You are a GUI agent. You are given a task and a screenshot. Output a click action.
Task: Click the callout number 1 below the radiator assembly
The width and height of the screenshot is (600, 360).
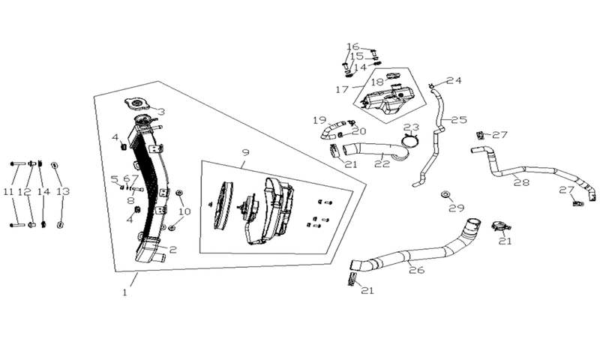click(124, 292)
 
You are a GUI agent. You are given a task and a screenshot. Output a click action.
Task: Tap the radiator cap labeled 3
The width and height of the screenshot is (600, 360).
click(136, 104)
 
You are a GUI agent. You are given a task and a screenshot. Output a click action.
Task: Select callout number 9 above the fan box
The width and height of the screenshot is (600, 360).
click(246, 152)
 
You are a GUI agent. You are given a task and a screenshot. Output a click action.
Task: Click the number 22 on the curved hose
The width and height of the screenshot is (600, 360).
click(382, 163)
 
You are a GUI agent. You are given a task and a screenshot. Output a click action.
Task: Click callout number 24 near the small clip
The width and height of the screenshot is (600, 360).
click(454, 80)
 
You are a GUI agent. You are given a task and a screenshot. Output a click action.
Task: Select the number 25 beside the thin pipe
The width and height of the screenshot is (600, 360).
click(459, 120)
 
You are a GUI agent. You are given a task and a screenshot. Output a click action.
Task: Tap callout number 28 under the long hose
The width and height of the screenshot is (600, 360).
click(521, 182)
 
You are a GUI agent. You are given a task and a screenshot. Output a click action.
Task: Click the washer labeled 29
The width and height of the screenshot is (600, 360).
click(445, 195)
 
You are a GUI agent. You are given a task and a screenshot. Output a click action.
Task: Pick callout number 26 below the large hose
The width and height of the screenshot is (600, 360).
click(417, 270)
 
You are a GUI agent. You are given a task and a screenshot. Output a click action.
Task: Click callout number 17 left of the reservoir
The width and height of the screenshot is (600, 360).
click(342, 89)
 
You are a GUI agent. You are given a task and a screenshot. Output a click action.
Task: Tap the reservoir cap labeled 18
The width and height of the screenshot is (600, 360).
click(393, 76)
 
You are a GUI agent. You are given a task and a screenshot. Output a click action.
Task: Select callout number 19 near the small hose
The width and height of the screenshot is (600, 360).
click(319, 120)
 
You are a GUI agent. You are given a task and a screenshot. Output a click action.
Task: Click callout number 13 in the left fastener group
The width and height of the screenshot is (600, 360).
click(63, 191)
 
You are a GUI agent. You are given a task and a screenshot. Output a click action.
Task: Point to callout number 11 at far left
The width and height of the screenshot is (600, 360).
click(8, 191)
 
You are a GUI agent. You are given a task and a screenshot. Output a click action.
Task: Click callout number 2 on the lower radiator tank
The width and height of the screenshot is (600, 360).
click(173, 250)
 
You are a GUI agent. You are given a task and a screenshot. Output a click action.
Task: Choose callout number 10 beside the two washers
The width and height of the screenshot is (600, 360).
click(184, 211)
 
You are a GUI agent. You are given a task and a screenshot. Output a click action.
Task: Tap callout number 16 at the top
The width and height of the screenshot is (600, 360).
click(352, 46)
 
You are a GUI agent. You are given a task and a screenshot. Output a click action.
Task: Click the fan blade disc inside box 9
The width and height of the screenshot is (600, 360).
click(223, 205)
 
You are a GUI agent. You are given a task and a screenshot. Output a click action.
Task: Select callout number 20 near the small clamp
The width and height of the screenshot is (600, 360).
click(359, 131)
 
